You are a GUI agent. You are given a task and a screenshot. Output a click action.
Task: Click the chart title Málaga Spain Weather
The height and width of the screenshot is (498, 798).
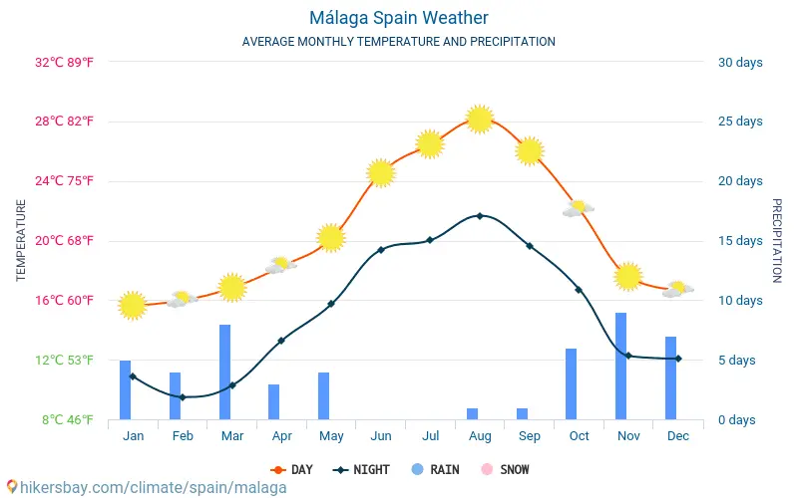pos(398,18)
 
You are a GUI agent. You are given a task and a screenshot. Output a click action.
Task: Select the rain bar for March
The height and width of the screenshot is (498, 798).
pos(225,372)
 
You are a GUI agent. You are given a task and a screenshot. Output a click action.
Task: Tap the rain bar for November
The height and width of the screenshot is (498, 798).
pos(621,366)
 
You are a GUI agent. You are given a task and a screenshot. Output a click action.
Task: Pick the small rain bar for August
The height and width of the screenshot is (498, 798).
pos(473,413)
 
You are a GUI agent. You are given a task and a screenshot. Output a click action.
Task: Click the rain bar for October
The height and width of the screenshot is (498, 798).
pos(572,383)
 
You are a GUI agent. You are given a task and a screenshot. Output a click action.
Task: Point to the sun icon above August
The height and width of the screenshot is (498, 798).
pos(480,120)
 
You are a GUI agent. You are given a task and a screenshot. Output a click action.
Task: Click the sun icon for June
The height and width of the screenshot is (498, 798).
pos(380,173)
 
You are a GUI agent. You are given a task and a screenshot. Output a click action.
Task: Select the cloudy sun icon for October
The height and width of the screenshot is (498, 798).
pos(578,209)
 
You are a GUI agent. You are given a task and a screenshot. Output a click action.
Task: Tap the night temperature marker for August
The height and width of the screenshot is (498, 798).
pos(480,215)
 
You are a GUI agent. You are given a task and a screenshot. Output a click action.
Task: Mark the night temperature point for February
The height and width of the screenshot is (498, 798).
pos(183,397)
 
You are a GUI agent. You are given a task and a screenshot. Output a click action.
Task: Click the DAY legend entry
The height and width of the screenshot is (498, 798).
pos(291,469)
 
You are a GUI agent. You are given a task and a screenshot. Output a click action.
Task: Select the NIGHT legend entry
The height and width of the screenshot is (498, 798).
pos(362,469)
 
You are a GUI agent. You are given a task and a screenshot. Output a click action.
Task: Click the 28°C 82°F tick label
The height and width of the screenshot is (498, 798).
pos(65,122)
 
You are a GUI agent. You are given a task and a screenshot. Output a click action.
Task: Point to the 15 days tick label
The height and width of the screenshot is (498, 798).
pos(739,241)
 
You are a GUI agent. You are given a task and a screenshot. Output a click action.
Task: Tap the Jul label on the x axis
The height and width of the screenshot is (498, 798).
pos(430,436)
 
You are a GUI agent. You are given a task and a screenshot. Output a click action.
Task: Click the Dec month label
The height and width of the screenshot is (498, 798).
pos(678,436)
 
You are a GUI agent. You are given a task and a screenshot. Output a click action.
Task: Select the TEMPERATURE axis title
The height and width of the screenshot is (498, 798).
pos(21,240)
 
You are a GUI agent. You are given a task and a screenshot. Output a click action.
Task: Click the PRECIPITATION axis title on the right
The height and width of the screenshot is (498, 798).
pos(777,240)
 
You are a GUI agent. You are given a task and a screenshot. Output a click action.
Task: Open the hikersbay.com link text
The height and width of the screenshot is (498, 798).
pos(150,487)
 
